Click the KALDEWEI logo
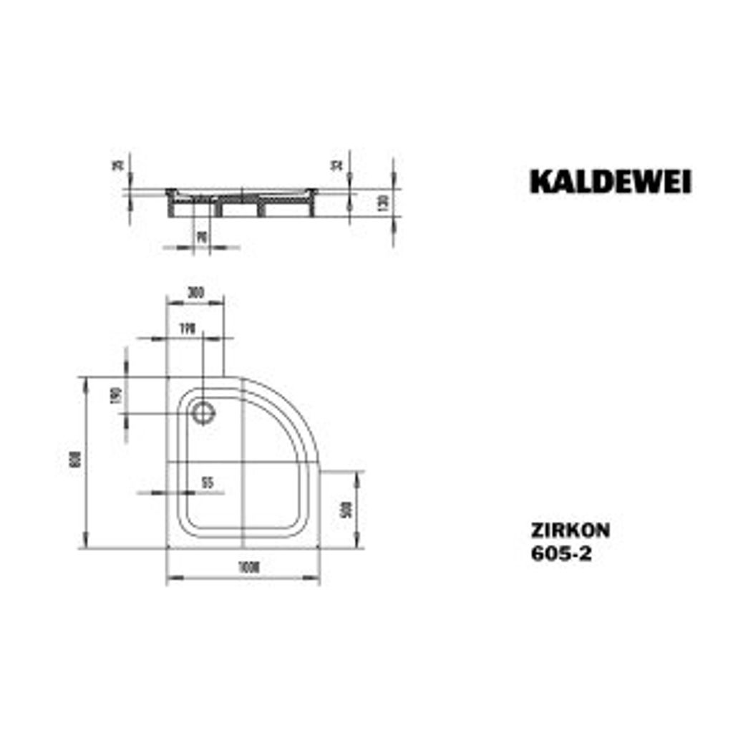tap(611, 182)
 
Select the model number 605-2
tap(560, 553)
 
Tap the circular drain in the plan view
tap(204, 412)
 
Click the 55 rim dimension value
tap(207, 482)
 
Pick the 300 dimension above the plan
tap(195, 291)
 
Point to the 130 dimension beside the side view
tap(383, 202)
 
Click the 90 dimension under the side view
tap(203, 236)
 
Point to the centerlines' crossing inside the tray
tap(245, 462)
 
